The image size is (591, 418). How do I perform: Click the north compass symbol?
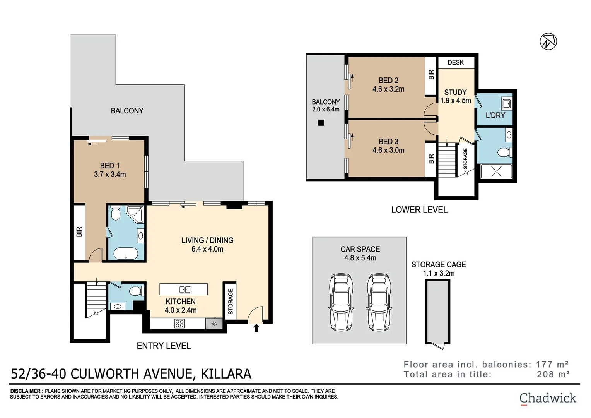coord(548,41)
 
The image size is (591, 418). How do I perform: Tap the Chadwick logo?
coord(547,398)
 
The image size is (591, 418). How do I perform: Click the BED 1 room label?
coord(109,166)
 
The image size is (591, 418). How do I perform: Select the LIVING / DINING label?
coord(207,240)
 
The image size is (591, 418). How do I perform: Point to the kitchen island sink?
coord(184,289)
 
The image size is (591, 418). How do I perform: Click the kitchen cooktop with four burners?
coord(179,324)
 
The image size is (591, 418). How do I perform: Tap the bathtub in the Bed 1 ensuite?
coord(126,254)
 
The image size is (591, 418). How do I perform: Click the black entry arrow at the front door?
coord(256,328)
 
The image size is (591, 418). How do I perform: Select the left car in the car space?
coord(341,302)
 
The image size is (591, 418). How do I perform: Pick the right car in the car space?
coord(379,302)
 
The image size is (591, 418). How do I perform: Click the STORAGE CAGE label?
coord(438,265)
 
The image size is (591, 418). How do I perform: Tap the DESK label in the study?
coord(456,62)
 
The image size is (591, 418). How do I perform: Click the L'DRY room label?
coord(495,115)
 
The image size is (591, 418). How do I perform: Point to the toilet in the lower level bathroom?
coord(504,152)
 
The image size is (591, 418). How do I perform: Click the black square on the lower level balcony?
coord(320,123)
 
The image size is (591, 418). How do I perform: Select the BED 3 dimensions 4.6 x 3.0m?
coord(388,151)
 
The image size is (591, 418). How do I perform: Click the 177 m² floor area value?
coord(552,365)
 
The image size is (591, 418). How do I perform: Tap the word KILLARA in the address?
coord(225,374)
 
